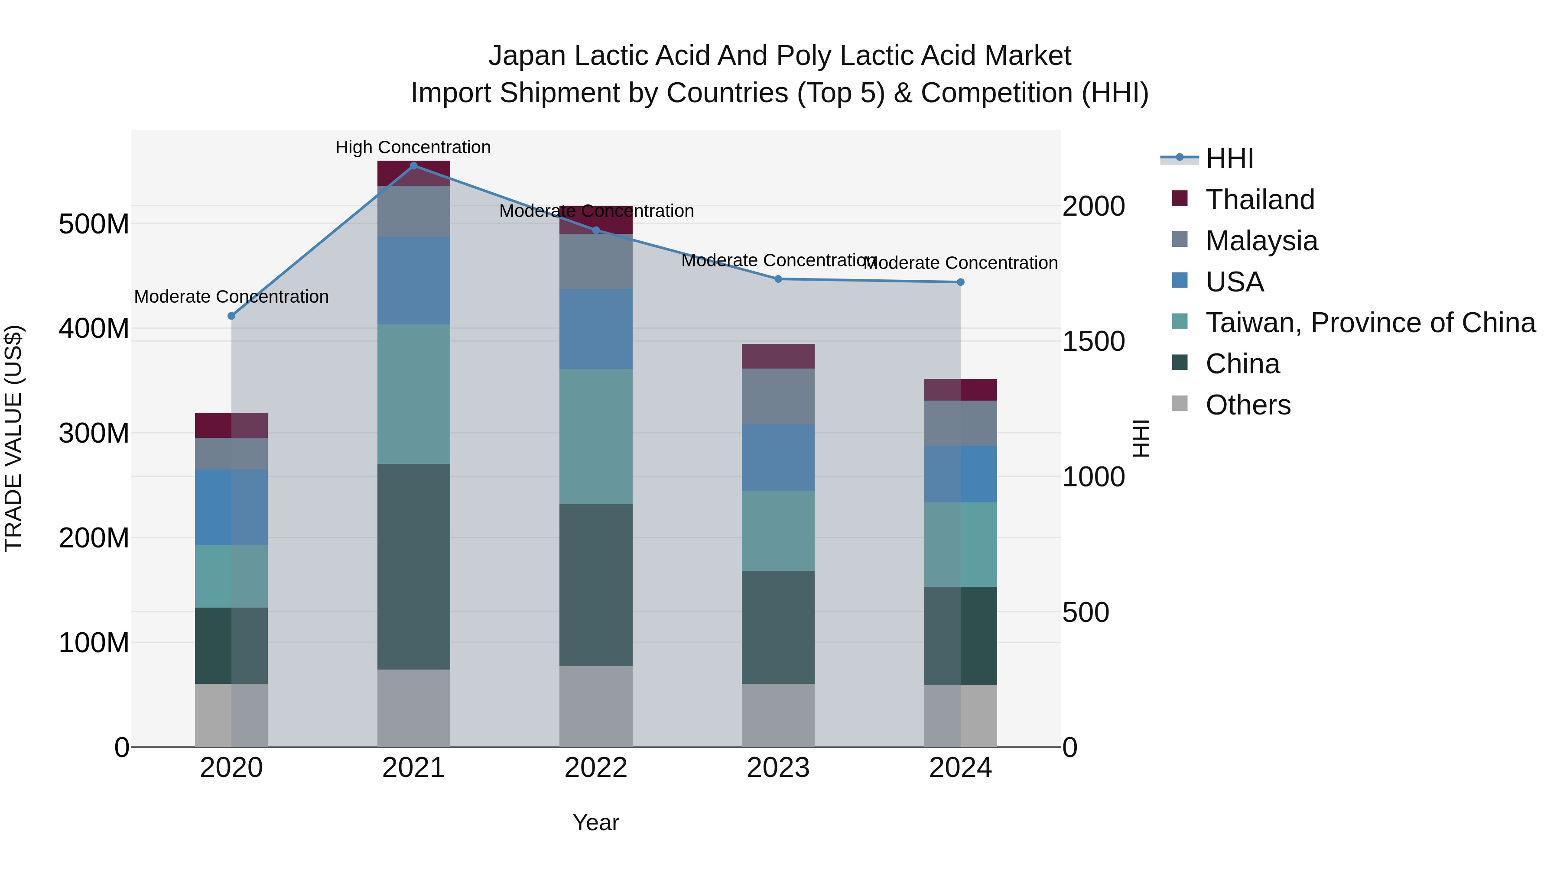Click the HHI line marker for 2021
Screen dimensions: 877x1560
[x=414, y=166]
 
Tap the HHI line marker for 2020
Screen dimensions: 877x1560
[x=231, y=316]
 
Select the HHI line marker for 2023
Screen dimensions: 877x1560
[x=778, y=279]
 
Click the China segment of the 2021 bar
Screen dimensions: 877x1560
[x=414, y=566]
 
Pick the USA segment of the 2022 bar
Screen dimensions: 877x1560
[x=596, y=329]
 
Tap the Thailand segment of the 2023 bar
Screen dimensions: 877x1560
[x=778, y=356]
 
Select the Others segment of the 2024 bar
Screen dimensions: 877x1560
[x=960, y=715]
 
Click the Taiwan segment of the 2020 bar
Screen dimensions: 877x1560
[x=231, y=576]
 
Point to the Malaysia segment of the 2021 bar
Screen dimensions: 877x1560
[x=414, y=211]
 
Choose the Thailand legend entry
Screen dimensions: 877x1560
[x=1260, y=200]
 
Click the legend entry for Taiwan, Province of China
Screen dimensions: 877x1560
[x=1370, y=323]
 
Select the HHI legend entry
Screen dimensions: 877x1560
[x=1229, y=159]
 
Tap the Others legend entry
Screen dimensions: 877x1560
[x=1248, y=405]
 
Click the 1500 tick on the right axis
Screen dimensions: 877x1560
[x=1094, y=342]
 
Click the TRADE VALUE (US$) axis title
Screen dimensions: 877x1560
[x=14, y=438]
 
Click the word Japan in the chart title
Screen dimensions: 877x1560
[x=527, y=56]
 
